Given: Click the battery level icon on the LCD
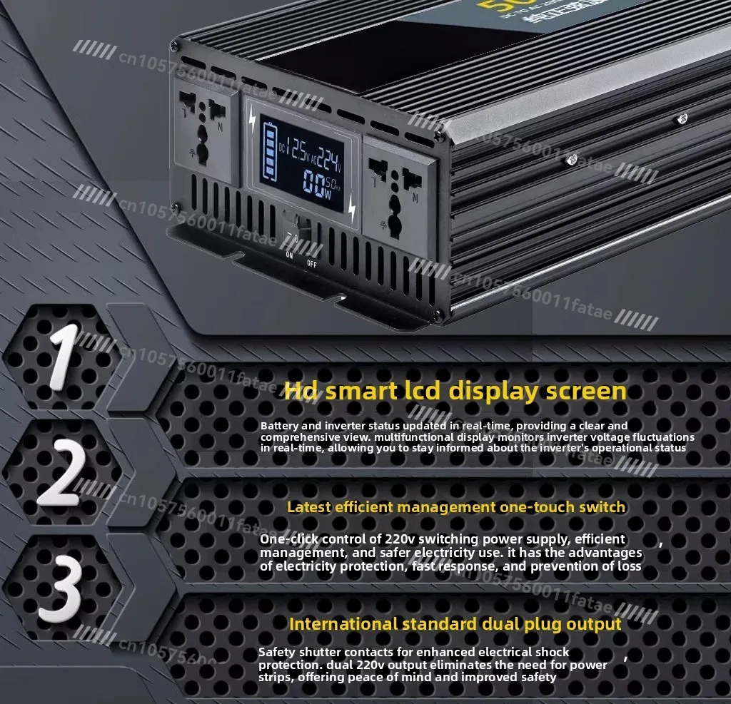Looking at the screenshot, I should [271, 153].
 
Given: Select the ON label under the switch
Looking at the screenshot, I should [289, 255].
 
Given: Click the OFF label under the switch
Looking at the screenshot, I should [312, 263].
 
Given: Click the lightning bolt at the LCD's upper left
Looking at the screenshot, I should [251, 122].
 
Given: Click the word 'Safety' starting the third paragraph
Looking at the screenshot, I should [276, 652].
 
